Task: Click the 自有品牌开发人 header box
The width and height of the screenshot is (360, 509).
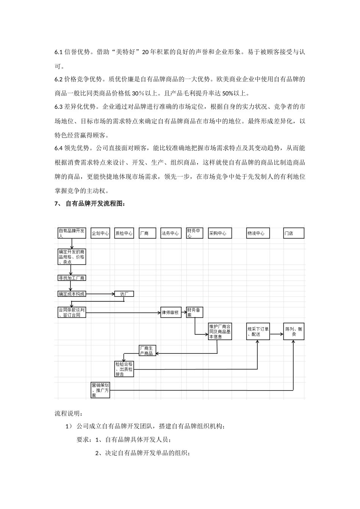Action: [x=72, y=233]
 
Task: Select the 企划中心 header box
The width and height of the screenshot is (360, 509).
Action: [x=100, y=233]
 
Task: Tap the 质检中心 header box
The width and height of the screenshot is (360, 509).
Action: [x=124, y=233]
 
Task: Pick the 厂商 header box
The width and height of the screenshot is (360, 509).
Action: [x=147, y=233]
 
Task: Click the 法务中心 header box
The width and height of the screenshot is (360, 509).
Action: [x=170, y=233]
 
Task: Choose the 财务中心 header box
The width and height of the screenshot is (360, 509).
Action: [x=195, y=233]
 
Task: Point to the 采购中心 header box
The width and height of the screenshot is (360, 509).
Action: [x=219, y=233]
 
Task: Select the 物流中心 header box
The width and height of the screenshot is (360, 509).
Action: [x=258, y=233]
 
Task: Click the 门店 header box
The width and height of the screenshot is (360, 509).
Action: [x=294, y=233]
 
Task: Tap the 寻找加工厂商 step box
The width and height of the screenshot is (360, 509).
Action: [x=72, y=278]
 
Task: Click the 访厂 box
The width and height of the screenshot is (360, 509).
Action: [x=124, y=294]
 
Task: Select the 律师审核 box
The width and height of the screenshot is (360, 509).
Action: [x=171, y=312]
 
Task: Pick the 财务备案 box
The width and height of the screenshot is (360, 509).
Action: [x=195, y=312]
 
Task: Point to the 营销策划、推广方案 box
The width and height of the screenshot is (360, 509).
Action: [x=100, y=390]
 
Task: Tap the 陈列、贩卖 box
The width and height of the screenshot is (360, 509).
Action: [x=294, y=331]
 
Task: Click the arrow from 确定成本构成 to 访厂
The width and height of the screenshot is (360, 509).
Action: [x=100, y=294]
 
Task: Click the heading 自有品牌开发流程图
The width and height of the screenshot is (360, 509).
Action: [x=95, y=204]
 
